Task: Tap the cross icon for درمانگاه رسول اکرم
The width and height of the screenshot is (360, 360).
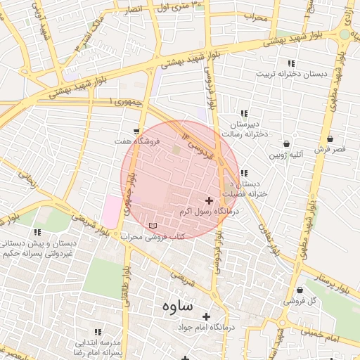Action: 209,201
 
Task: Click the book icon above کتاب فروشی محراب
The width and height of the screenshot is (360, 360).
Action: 153,225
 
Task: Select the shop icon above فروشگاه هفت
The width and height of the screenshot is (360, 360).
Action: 136,131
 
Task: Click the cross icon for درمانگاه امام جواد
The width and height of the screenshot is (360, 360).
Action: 206,316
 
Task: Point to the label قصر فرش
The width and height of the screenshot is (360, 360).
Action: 330,149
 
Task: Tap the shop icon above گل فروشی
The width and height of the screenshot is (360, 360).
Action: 300,290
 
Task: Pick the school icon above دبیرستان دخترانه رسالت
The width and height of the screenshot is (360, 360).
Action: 244,113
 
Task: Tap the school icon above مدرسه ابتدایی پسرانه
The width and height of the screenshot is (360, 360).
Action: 98,331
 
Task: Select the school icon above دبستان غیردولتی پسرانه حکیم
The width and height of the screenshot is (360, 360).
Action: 37,232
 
